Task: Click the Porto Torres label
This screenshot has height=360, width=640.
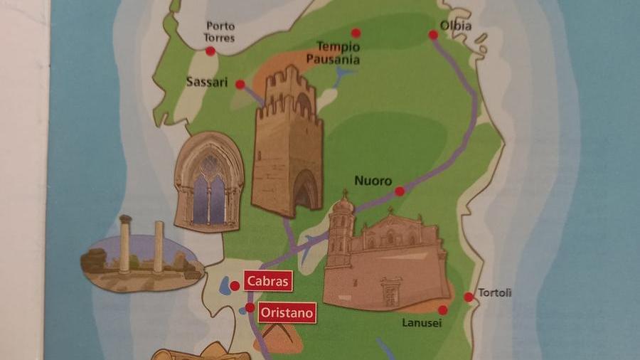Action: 220,31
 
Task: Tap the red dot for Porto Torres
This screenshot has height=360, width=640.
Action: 210,51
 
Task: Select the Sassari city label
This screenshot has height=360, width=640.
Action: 207,82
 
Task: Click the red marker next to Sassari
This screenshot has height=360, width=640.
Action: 240,84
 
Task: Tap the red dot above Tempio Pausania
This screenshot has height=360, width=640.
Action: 356,33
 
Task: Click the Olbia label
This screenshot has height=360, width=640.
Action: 456,26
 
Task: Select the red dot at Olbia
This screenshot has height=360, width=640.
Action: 434,34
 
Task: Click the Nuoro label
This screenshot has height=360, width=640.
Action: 373,181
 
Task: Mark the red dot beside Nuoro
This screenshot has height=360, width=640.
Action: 400,191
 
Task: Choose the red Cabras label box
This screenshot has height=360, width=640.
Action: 268,281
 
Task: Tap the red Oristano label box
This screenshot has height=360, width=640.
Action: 286,312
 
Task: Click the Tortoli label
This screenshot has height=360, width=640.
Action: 495,292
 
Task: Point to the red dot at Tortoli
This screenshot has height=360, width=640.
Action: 469,297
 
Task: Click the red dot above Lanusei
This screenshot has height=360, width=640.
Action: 442,310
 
